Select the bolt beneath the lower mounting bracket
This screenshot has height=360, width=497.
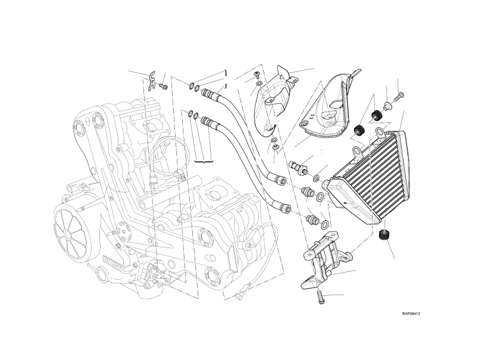321,298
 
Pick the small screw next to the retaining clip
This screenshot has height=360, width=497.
162,87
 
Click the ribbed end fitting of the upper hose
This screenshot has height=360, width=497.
209,93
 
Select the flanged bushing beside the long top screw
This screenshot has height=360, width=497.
387,107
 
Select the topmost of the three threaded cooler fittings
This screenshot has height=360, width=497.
297,166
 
